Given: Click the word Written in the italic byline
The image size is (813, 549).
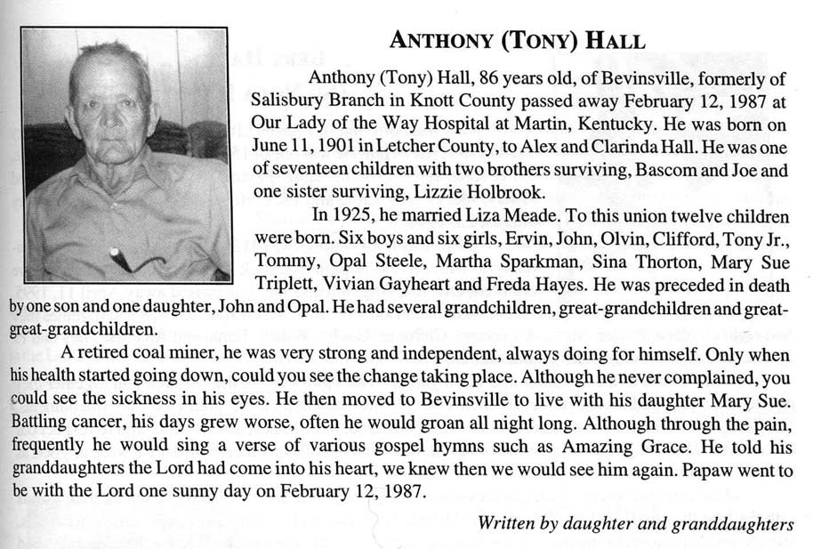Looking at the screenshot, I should (508, 522).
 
